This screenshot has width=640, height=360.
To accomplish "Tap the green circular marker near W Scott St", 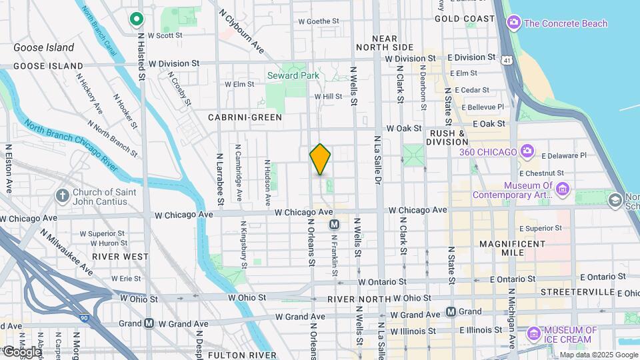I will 137,19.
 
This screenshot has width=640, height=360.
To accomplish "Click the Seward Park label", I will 293,76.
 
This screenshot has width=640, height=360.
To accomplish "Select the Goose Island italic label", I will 44,47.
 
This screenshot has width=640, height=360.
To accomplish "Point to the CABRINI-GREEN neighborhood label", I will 245,117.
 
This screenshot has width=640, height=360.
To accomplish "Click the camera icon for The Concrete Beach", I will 513,24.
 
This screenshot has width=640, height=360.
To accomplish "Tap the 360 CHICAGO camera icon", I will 527,152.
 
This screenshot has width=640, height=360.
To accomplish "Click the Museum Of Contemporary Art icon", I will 563,191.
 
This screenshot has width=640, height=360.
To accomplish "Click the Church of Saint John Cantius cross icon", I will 62,195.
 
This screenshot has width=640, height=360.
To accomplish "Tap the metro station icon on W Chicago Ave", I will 335,225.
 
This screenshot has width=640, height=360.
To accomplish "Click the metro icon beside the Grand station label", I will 451,311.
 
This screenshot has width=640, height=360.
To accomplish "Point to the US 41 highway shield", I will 509,60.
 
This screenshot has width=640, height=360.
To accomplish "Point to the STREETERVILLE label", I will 577,292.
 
